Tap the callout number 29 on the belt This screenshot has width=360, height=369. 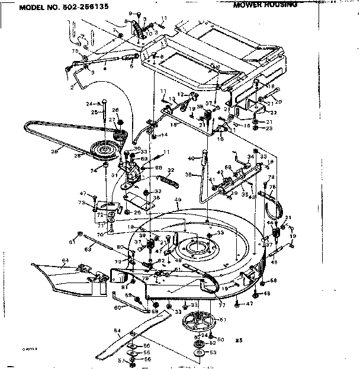(55, 152)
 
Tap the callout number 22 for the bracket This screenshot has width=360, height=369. (274, 113)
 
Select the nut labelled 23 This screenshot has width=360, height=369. (255, 128)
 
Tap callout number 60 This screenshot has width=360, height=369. (117, 307)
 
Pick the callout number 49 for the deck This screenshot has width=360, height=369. (178, 200)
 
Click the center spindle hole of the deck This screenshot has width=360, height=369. (194, 245)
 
